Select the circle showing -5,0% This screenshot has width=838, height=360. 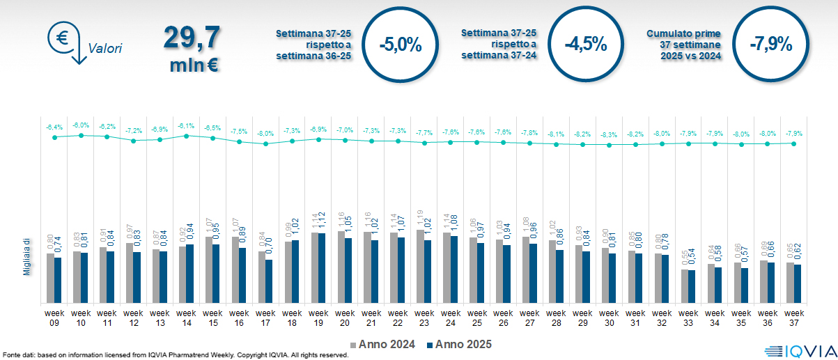coord(401,45)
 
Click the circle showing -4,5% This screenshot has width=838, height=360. coord(585,45)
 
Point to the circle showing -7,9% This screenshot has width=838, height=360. coord(770,45)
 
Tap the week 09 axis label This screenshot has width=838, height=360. coord(54,318)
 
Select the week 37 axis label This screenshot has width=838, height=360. coord(793,318)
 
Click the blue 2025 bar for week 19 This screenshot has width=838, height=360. coord(323,268)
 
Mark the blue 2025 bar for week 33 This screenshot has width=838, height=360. coord(692,286)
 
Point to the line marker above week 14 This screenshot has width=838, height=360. coord(186,136)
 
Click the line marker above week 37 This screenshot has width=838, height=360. coord(793,143)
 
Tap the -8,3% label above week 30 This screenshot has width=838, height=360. coord(608,134)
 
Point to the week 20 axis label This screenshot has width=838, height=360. coord(345,318)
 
